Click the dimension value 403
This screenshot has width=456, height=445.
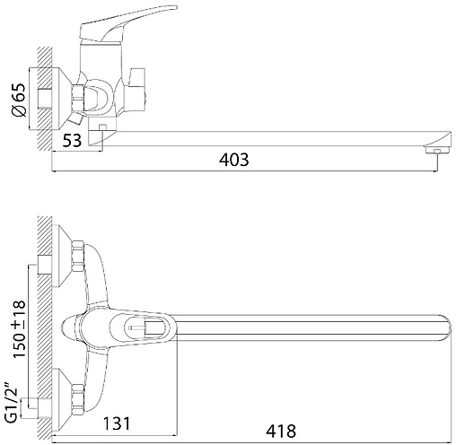click(x=233, y=160)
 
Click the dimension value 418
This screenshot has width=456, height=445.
click(x=281, y=432)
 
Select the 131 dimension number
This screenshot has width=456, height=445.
click(x=117, y=423)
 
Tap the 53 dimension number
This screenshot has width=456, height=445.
click(x=72, y=140)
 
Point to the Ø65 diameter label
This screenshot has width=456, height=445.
click(x=19, y=100)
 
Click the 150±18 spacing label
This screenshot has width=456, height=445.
click(x=19, y=329)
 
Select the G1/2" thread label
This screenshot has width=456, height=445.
click(x=12, y=406)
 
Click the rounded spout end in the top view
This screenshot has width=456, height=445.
click(x=446, y=327)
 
